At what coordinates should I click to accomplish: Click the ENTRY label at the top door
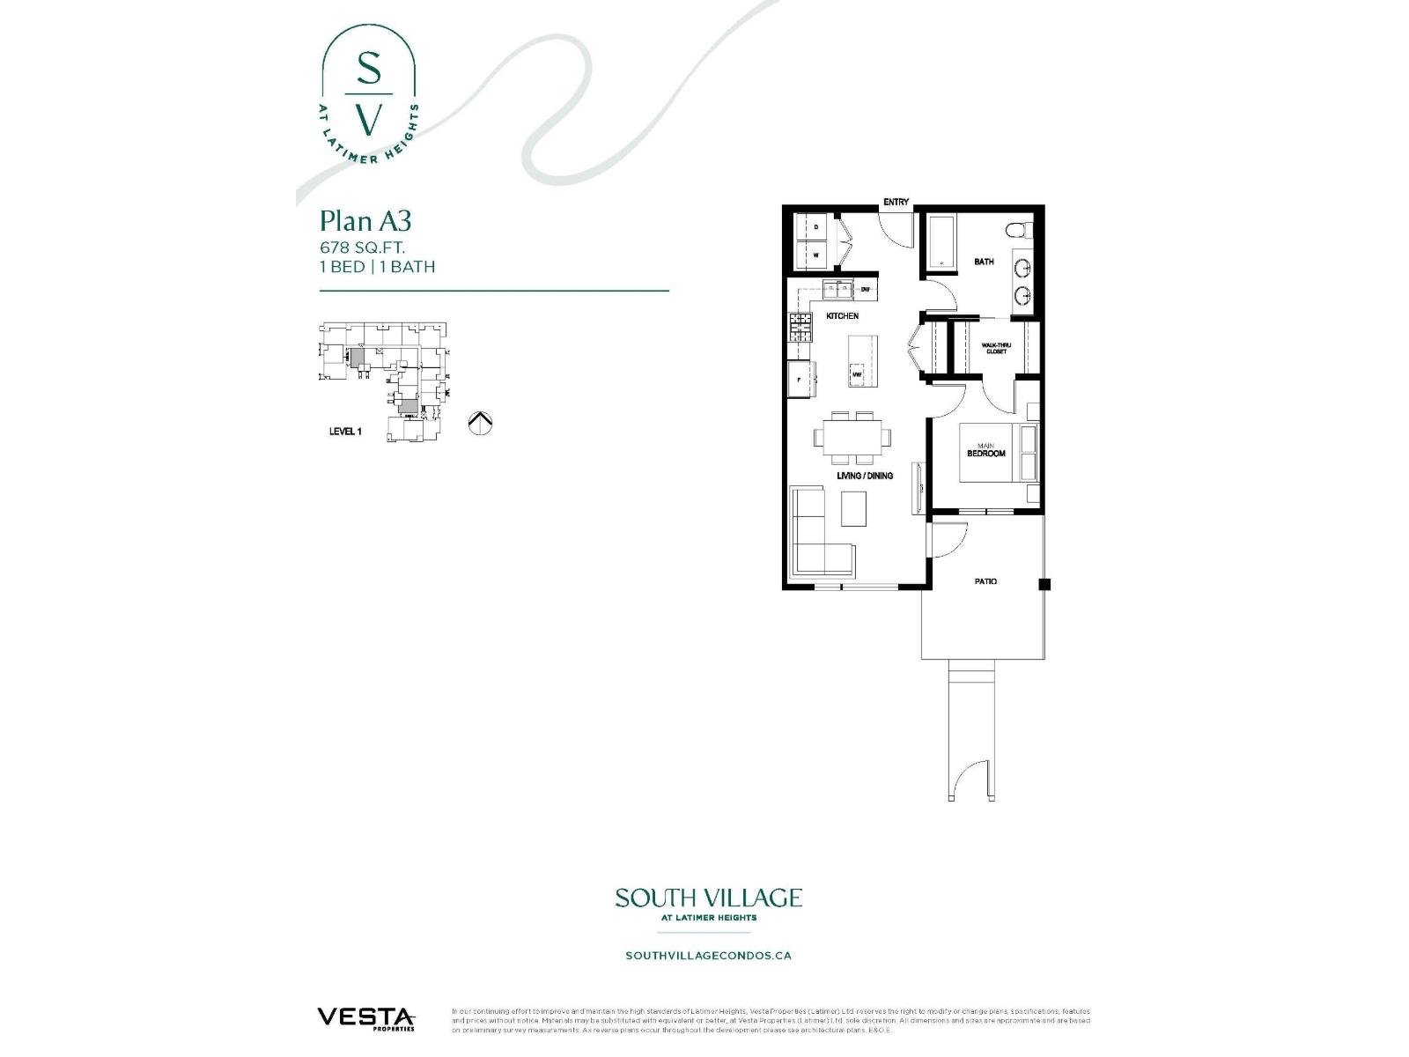click(896, 203)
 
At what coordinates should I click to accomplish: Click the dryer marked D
click(815, 226)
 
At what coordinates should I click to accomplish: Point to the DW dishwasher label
click(865, 289)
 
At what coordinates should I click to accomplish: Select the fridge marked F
click(799, 380)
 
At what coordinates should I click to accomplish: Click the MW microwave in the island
click(856, 375)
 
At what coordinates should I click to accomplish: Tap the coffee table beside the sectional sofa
click(853, 509)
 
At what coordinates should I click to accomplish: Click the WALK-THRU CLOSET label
click(996, 348)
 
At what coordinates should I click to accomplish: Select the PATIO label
click(985, 581)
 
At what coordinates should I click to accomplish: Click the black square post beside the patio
click(1044, 584)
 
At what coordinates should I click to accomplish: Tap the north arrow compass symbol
click(480, 423)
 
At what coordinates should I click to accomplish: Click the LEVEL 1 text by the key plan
click(345, 432)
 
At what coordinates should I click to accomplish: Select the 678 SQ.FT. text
click(362, 248)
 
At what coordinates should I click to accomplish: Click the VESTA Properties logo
click(365, 1018)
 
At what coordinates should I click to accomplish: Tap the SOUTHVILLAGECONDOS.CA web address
click(708, 955)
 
